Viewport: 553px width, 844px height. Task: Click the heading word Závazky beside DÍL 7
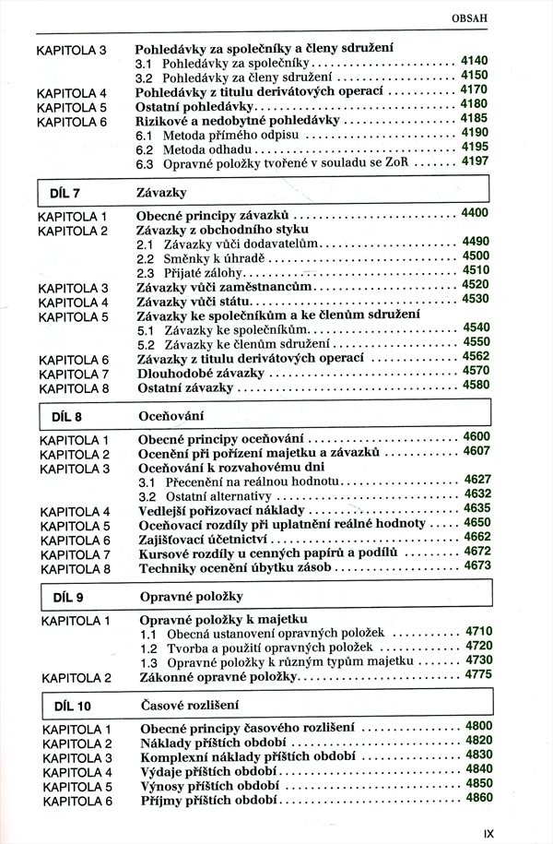click(x=161, y=193)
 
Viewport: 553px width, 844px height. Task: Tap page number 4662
click(x=477, y=537)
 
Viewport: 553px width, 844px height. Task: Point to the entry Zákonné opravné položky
click(x=218, y=678)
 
